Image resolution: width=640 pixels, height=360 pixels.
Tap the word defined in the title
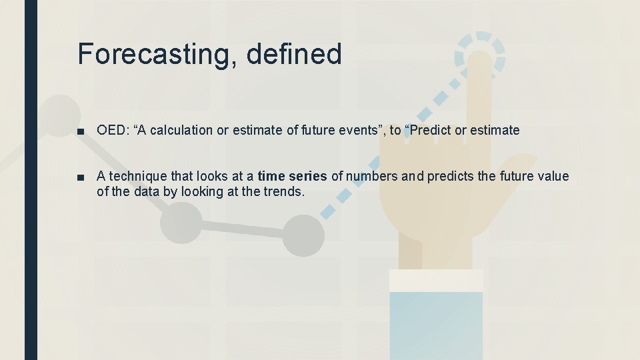pos(293,53)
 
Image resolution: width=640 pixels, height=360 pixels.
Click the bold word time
pos(270,177)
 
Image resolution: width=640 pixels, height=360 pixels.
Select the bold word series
pos(307,177)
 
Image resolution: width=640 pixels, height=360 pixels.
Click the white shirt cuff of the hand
pos(436,281)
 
